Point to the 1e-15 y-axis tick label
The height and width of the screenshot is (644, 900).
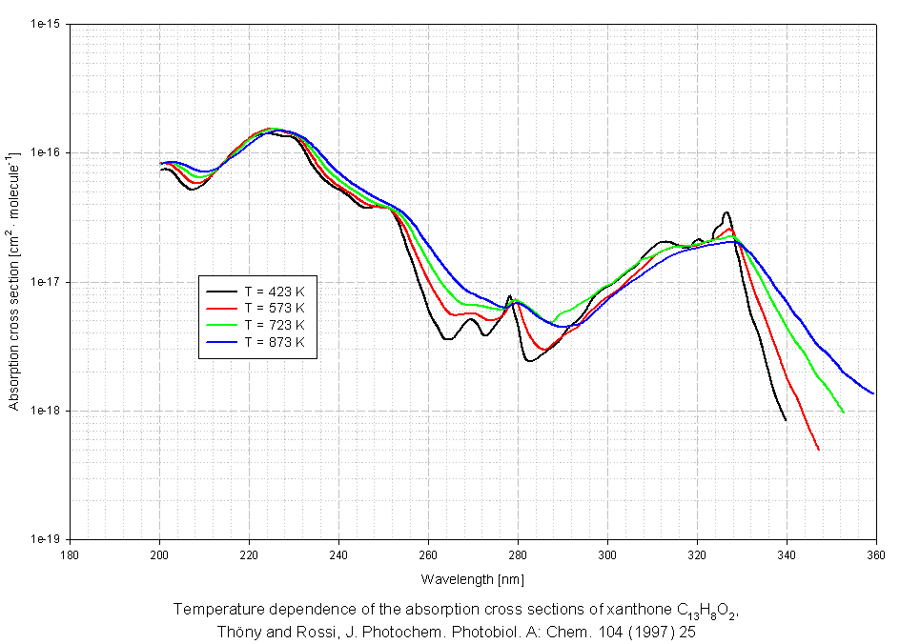click(44, 24)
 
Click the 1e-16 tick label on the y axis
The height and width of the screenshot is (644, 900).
click(44, 153)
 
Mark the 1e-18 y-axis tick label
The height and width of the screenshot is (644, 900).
click(44, 412)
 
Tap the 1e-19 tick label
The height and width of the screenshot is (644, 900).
click(44, 540)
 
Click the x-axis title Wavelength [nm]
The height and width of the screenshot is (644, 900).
click(472, 579)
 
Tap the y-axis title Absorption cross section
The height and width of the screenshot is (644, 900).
click(13, 281)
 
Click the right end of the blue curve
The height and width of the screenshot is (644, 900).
click(874, 393)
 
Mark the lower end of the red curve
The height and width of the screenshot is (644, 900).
click(819, 450)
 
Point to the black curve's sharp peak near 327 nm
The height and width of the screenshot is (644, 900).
click(726, 212)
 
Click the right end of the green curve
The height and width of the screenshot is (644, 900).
click(844, 412)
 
